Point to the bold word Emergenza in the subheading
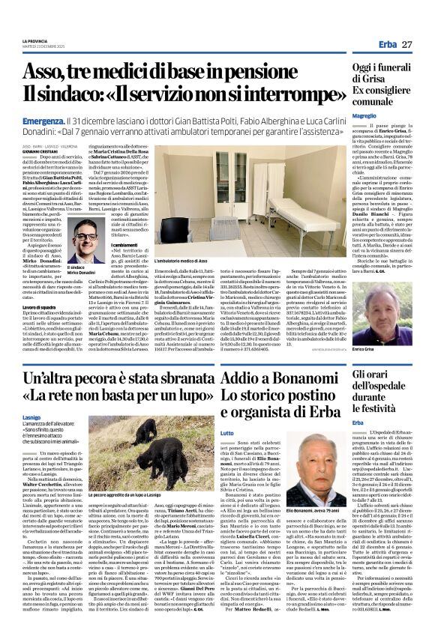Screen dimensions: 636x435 tap(43, 120)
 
